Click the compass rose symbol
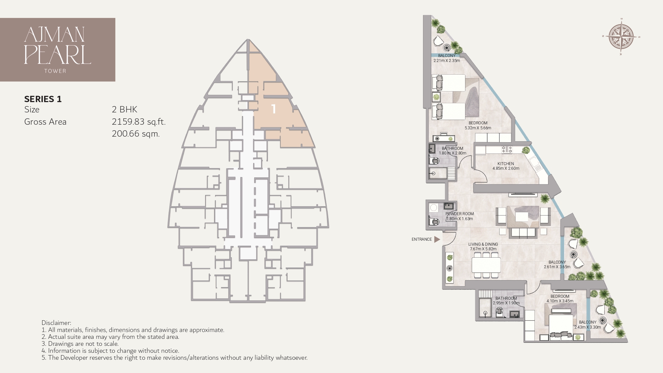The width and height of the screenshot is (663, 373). pyautogui.click(x=621, y=37)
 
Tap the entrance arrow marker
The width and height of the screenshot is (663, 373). pyautogui.click(x=437, y=239)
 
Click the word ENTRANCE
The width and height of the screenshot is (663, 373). pyautogui.click(x=422, y=239)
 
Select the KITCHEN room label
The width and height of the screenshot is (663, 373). pyautogui.click(x=506, y=164)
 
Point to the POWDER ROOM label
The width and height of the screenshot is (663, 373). pyautogui.click(x=459, y=214)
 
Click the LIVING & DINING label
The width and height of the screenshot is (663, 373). pyautogui.click(x=483, y=244)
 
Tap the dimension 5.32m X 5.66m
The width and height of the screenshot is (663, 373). pyautogui.click(x=478, y=128)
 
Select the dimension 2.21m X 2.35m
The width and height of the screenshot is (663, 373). pyautogui.click(x=447, y=61)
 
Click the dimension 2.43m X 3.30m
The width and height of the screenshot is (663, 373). pyautogui.click(x=587, y=327)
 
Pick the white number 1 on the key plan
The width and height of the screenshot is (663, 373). pyautogui.click(x=273, y=109)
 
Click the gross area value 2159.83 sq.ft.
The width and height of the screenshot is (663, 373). pyautogui.click(x=139, y=122)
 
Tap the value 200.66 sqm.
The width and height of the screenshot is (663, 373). pyautogui.click(x=136, y=134)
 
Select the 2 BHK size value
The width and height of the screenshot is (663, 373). pyautogui.click(x=124, y=109)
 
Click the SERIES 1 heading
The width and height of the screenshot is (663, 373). pyautogui.click(x=43, y=99)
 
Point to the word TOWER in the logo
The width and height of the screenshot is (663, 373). pyautogui.click(x=55, y=71)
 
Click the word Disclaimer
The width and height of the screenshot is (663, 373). pyautogui.click(x=56, y=323)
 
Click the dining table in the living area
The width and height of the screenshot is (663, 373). pyautogui.click(x=486, y=265)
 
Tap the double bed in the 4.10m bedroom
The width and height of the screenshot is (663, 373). pyautogui.click(x=561, y=325)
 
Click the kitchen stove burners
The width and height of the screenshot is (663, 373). pyautogui.click(x=507, y=150)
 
